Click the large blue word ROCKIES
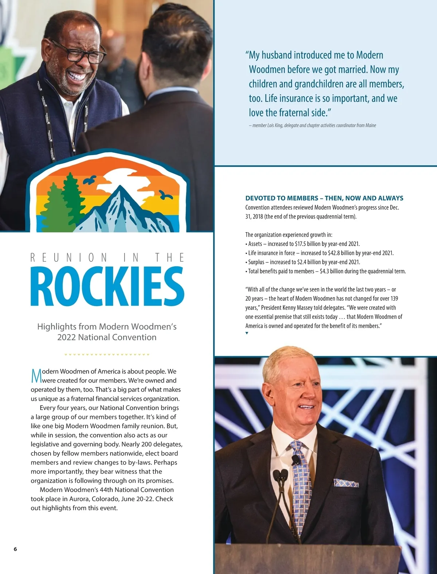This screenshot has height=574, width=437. pyautogui.click(x=107, y=286)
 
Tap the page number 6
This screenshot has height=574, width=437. pyautogui.click(x=15, y=549)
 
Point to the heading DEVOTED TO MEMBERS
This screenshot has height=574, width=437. pyautogui.click(x=324, y=198)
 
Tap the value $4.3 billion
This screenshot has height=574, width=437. pyautogui.click(x=332, y=271)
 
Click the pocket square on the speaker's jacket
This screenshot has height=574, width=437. pyautogui.click(x=346, y=483)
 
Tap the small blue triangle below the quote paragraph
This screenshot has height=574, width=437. pyautogui.click(x=247, y=333)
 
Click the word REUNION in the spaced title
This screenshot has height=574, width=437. pyautogui.click(x=69, y=258)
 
